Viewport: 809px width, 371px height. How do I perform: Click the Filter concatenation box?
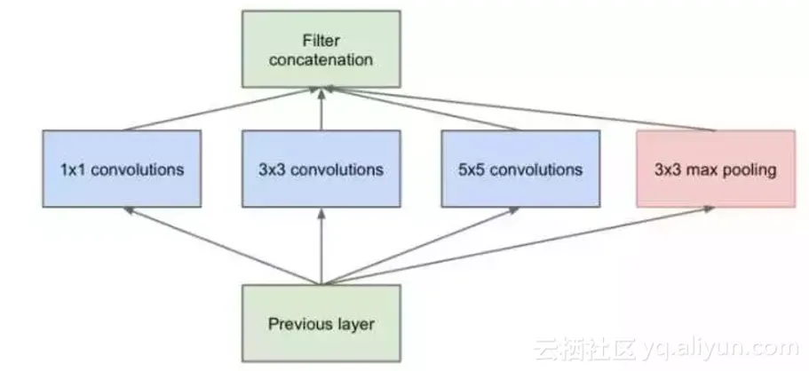coord(321,49)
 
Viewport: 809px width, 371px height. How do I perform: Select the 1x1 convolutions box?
coord(123,169)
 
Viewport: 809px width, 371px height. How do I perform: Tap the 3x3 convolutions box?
coord(321,169)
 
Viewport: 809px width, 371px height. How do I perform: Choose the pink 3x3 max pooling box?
coord(714,169)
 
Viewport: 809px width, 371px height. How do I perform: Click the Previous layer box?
coord(321,324)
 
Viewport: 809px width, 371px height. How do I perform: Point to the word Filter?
coord(321,40)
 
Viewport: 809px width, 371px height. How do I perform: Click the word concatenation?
coord(321,60)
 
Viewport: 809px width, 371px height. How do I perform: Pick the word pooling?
coord(750,170)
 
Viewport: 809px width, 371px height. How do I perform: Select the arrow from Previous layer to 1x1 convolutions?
coord(222,246)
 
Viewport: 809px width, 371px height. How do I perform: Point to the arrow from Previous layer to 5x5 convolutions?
coord(417,246)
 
